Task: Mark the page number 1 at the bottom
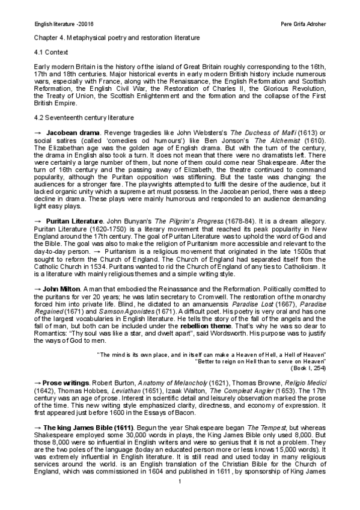(180, 500)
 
